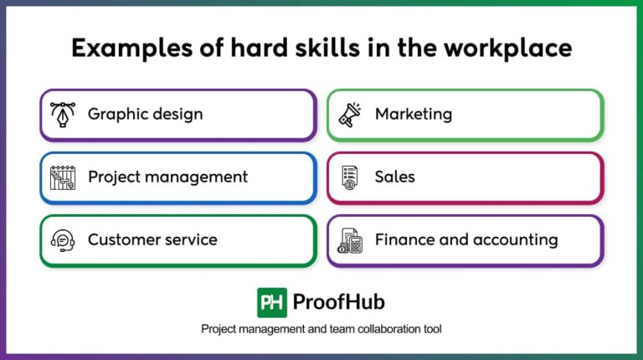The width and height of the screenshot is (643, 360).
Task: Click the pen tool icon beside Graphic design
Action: click(x=64, y=114)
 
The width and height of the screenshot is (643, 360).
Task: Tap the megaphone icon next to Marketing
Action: click(x=350, y=114)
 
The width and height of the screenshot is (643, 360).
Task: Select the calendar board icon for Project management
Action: click(x=64, y=177)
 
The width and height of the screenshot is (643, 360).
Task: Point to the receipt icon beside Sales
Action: click(x=350, y=177)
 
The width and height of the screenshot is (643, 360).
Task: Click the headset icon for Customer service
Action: click(x=64, y=240)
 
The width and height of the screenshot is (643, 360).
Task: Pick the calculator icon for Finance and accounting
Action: click(x=350, y=241)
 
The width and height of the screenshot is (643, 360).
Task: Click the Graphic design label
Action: click(x=145, y=114)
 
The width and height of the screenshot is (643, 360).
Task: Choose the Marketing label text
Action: click(x=413, y=114)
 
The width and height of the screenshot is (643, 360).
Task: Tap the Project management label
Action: click(x=167, y=177)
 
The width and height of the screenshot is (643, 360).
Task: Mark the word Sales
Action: click(x=394, y=177)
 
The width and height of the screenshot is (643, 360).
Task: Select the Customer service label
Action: click(x=152, y=239)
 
